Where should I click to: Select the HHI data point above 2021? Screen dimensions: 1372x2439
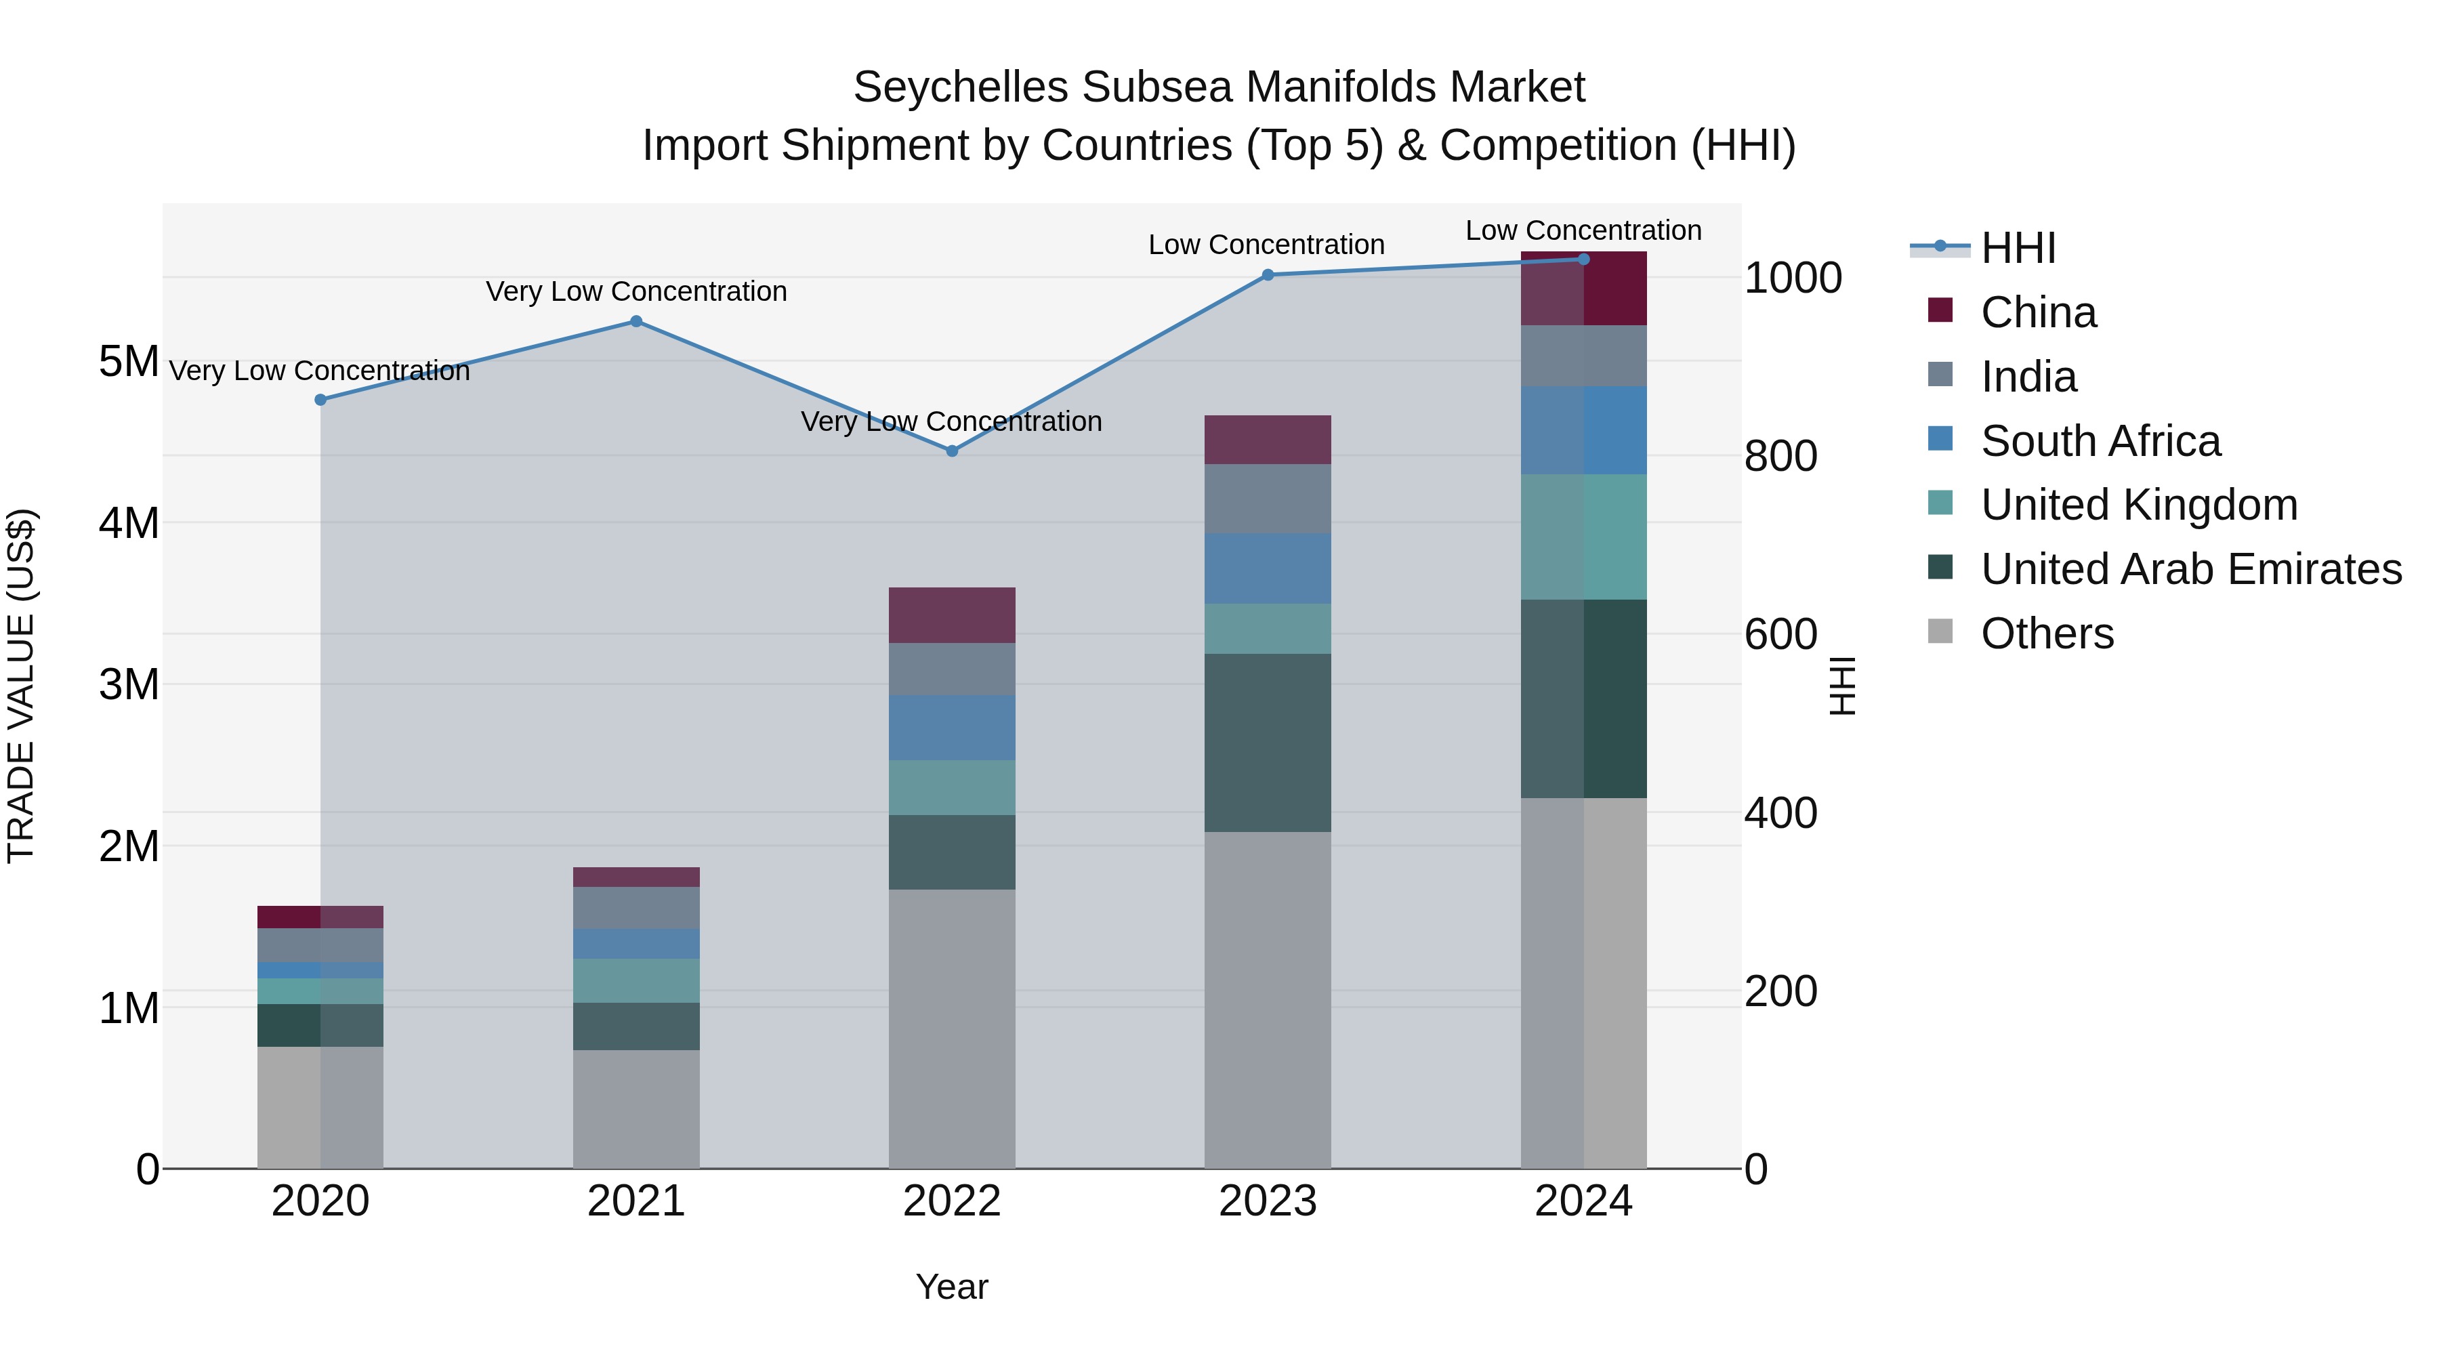636,322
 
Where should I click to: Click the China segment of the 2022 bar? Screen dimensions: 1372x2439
952,615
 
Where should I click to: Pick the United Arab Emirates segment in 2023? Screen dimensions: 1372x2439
1268,743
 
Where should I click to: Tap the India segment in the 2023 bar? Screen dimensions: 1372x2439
1268,499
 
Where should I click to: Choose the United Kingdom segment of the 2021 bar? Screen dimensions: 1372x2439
636,981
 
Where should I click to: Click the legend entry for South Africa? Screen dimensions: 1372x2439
2100,441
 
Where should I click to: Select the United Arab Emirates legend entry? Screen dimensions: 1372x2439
2191,570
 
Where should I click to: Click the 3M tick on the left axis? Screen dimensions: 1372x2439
129,684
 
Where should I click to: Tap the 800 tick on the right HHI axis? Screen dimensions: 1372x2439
1780,457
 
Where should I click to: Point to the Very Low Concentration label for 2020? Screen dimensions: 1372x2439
319,371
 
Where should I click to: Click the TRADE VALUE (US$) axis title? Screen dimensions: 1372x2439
22,686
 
